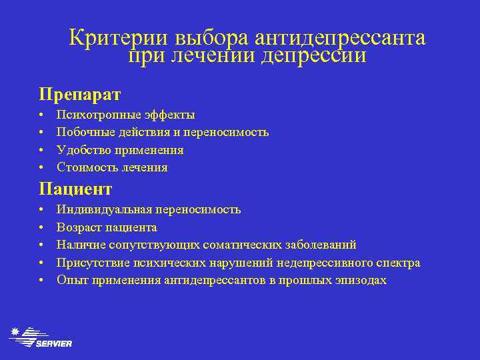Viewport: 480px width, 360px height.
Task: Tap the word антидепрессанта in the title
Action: tap(340, 38)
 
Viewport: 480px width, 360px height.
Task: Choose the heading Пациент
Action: tap(75, 189)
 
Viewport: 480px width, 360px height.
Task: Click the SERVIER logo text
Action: tap(54, 343)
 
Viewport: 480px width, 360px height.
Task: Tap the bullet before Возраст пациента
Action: tap(42, 227)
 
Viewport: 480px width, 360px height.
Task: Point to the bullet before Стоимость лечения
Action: tap(42, 167)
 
